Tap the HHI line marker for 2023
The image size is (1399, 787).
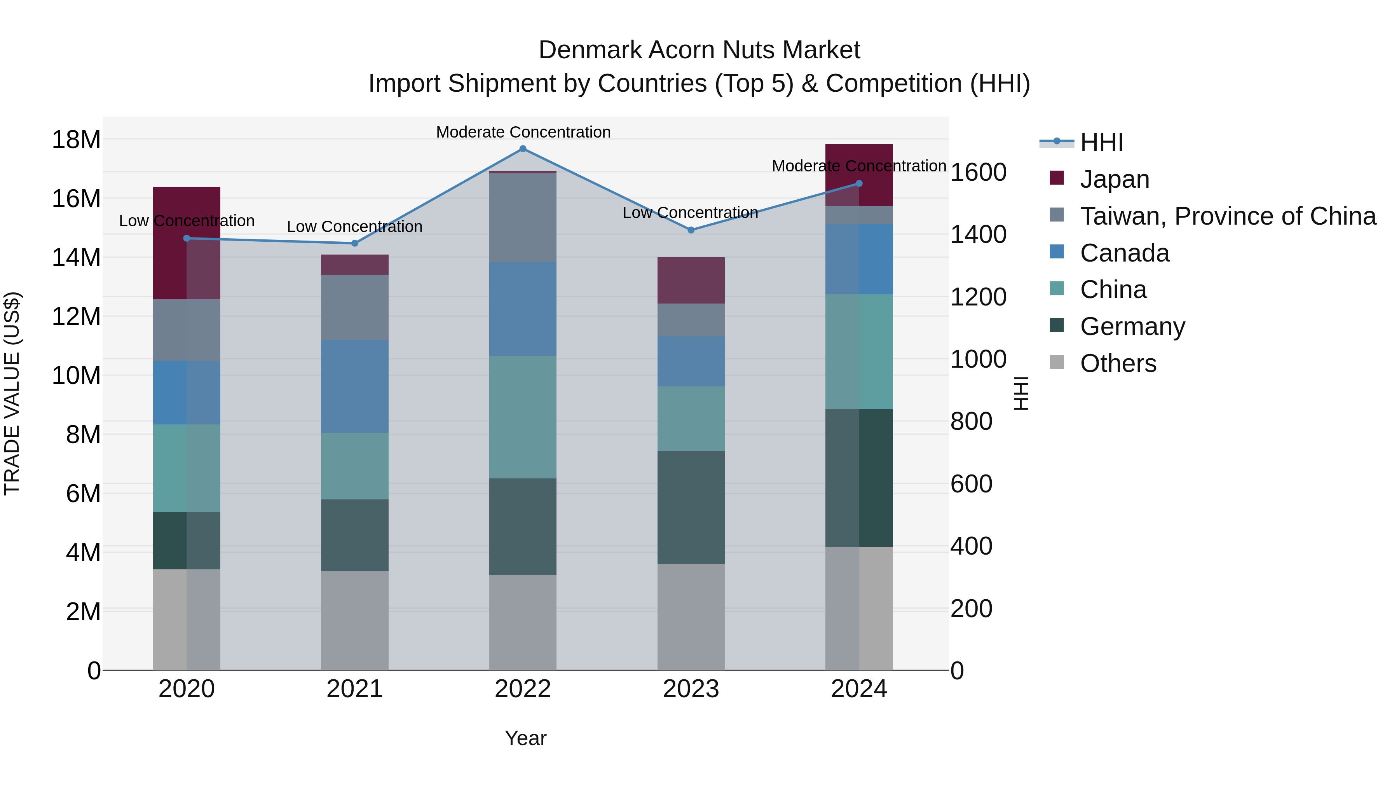(x=691, y=230)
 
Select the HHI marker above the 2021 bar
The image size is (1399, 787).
(x=355, y=243)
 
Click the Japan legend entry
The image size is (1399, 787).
(x=1115, y=179)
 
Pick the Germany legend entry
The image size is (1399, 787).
(x=1132, y=326)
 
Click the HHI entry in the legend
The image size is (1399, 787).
(x=1101, y=142)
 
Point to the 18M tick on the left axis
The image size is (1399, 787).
(x=76, y=140)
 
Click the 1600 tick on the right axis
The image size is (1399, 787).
(x=978, y=173)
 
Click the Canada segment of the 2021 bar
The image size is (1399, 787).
(x=355, y=387)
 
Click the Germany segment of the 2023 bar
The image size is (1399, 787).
(x=691, y=507)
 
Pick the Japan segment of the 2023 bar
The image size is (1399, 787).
(x=691, y=280)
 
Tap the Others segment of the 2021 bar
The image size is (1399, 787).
(x=355, y=620)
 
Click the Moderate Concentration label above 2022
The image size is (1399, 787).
(x=523, y=132)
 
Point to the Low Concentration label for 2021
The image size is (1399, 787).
(x=355, y=227)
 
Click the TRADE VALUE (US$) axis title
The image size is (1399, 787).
(x=12, y=393)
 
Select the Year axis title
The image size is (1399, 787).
(x=525, y=738)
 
